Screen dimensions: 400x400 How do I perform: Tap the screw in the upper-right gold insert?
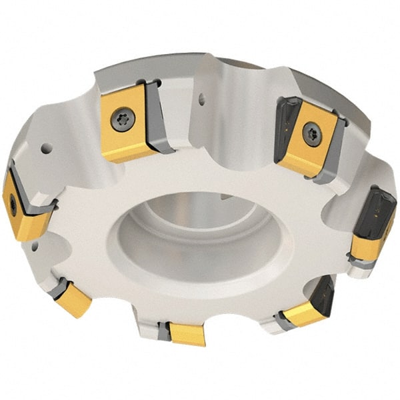pos(312,134)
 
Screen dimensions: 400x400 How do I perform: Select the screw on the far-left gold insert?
pos(13,204)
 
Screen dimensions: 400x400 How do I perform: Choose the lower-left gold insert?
pos(73,299)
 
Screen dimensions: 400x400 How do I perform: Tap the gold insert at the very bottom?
pos(187,334)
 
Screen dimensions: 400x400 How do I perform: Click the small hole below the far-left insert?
pos(34,247)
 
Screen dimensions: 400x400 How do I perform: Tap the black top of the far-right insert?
pos(377,207)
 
